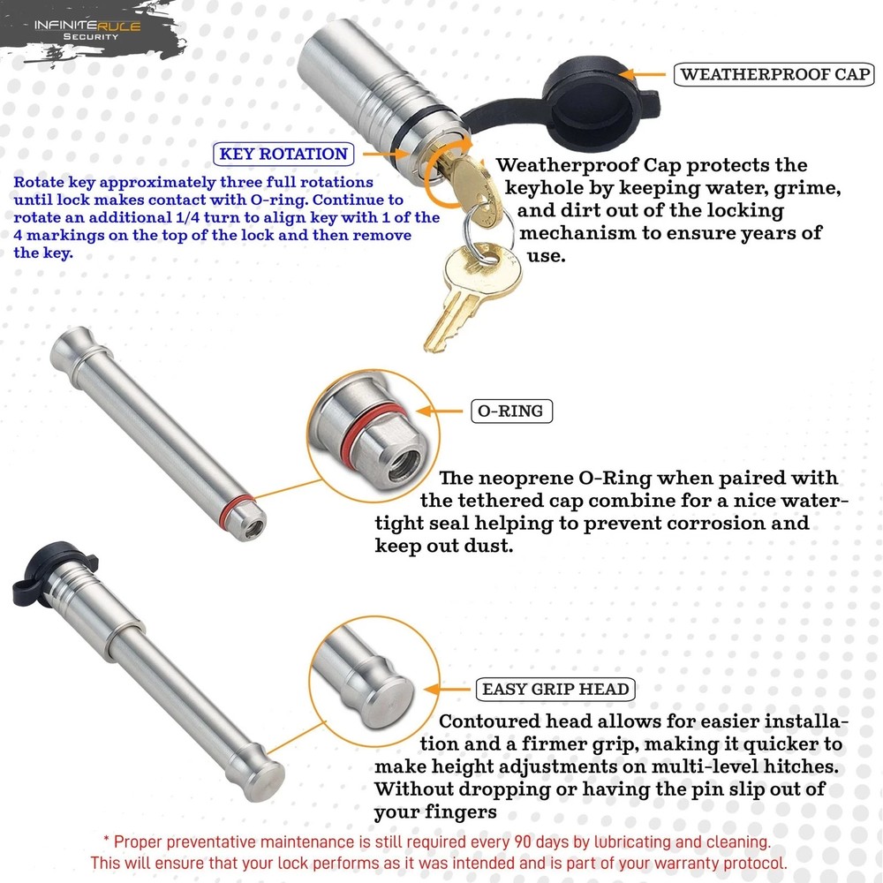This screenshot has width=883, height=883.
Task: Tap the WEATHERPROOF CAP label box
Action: (775, 73)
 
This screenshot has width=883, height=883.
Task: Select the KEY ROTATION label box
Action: (283, 154)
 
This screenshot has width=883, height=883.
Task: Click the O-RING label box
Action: (512, 411)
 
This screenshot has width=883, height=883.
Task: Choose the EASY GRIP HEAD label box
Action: (555, 689)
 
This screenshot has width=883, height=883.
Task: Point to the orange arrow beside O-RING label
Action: (438, 411)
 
